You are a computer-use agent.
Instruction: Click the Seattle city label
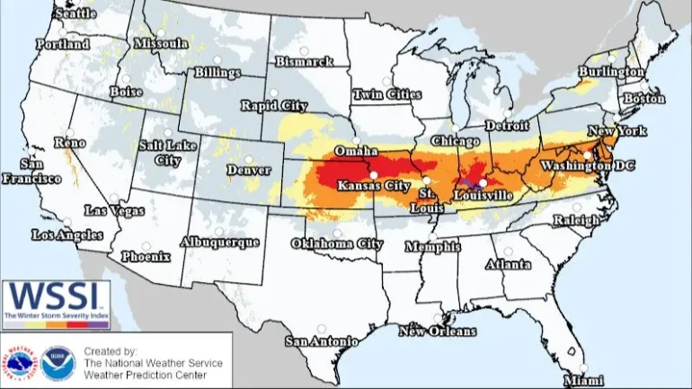pyautogui.click(x=76, y=14)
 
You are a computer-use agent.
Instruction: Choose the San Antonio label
pyautogui.click(x=322, y=341)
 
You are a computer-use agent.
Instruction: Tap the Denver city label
pyautogui.click(x=248, y=169)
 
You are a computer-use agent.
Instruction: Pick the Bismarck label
pyautogui.click(x=304, y=62)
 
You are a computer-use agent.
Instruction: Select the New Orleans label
pyautogui.click(x=438, y=332)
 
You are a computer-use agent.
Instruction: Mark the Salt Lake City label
pyautogui.click(x=166, y=153)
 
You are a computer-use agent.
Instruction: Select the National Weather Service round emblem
pyautogui.click(x=21, y=362)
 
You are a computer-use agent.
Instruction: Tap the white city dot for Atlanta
pyautogui.click(x=508, y=252)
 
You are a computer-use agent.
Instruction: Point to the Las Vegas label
pyautogui.click(x=112, y=210)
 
